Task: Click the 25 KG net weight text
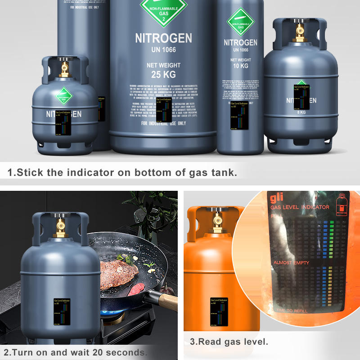coord(163,74)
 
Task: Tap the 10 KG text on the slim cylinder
coord(240,66)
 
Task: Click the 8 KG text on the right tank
coord(300,112)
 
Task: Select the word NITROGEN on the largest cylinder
coord(163,38)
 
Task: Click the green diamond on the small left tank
coord(64,96)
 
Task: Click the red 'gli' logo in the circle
coord(275,198)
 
